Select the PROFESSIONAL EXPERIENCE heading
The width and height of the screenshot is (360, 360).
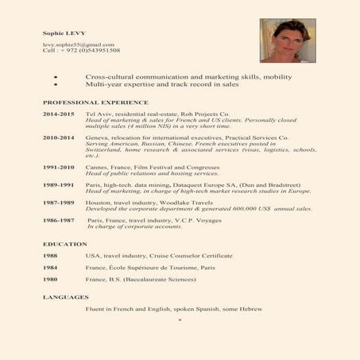pos(95,103)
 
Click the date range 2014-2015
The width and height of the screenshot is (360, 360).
pos(58,114)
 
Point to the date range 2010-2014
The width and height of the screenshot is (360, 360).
pos(58,137)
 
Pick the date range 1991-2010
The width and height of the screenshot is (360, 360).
pos(58,167)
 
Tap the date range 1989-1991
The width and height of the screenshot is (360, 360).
pos(58,185)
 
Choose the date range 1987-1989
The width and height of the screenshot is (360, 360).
pos(58,203)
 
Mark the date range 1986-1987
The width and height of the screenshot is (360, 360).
pos(58,220)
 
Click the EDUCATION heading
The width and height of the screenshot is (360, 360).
pos(60,243)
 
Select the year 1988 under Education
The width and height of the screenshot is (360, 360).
pos(50,256)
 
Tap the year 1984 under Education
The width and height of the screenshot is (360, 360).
pos(50,268)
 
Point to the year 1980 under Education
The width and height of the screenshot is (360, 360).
pos(50,280)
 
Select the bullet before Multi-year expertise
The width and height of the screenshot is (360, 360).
pos(55,83)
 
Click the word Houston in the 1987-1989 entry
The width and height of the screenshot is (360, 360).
pos(98,203)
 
